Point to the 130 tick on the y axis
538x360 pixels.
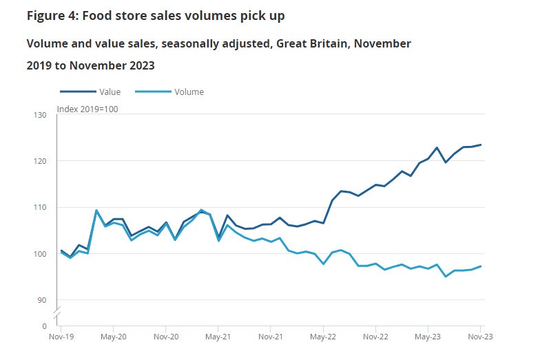(x=40, y=115)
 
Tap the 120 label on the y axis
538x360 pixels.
(x=40, y=161)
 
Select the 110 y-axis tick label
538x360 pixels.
(x=40, y=207)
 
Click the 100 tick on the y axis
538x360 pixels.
(x=40, y=254)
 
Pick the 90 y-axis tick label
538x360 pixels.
(x=42, y=300)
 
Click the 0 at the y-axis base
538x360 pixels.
(x=44, y=326)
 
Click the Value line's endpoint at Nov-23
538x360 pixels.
(x=480, y=145)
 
